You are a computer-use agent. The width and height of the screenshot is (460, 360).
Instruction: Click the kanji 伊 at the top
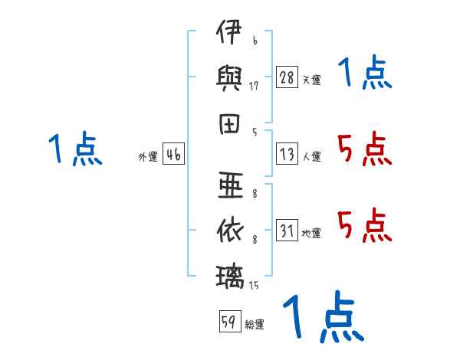pyautogui.click(x=228, y=31)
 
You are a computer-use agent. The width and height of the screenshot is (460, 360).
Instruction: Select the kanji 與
pyautogui.click(x=228, y=78)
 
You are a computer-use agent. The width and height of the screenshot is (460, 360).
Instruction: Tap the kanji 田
pyautogui.click(x=229, y=124)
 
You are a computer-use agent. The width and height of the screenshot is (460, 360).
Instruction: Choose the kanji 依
pyautogui.click(x=230, y=231)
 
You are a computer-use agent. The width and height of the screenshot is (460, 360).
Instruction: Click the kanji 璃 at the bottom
pyautogui.click(x=230, y=277)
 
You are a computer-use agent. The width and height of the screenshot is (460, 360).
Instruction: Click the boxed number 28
pyautogui.click(x=287, y=77)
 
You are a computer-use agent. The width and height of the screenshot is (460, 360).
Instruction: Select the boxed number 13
pyautogui.click(x=287, y=154)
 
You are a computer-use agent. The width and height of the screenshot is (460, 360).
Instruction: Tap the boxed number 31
pyautogui.click(x=287, y=230)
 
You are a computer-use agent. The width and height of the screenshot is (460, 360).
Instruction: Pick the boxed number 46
pyautogui.click(x=174, y=154)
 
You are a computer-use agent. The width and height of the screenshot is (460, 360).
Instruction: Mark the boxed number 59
pyautogui.click(x=230, y=321)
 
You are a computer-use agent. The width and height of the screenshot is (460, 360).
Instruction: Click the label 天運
pyautogui.click(x=312, y=80)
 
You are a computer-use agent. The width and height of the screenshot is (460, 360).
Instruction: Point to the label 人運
pyautogui.click(x=312, y=156)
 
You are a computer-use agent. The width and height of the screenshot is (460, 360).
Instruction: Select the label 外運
pyautogui.click(x=148, y=156)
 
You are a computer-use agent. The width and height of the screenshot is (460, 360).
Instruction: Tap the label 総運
pyautogui.click(x=255, y=324)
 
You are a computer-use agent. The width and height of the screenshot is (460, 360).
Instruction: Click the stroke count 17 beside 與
pyautogui.click(x=254, y=86)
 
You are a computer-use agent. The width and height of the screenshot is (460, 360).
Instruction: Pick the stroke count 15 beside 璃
pyautogui.click(x=254, y=285)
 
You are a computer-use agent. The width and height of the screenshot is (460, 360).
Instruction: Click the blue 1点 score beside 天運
pyautogui.click(x=365, y=72)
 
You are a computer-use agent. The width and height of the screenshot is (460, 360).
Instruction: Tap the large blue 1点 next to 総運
pyautogui.click(x=324, y=316)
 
